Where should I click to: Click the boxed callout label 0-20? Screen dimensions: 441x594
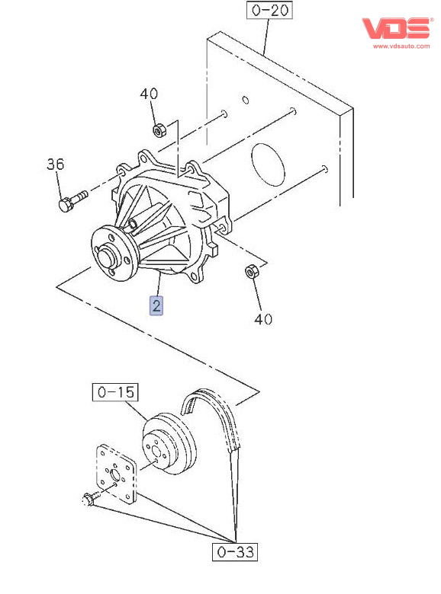point(269,10)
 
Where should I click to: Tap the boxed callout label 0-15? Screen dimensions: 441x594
point(115,392)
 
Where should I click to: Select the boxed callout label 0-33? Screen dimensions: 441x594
point(235,551)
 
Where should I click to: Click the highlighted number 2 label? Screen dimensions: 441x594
point(156,305)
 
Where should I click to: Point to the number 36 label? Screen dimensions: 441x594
point(56,164)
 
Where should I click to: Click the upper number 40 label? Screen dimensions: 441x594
point(149,94)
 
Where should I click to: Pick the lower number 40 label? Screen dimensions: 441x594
point(263,319)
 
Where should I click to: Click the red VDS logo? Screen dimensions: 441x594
point(397,28)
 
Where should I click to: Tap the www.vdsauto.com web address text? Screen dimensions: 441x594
point(401,46)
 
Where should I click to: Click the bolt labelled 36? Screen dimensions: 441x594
point(72,201)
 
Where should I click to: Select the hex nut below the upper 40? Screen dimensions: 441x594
point(159,130)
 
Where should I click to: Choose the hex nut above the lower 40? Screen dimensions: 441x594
point(250,271)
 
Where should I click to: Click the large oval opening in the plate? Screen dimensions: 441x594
point(269,164)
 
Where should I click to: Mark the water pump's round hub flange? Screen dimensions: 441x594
point(114,253)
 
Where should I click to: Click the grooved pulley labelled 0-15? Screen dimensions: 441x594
point(169,443)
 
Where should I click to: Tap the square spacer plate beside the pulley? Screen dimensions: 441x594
point(116,474)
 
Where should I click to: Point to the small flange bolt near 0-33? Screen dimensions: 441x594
point(90,498)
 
